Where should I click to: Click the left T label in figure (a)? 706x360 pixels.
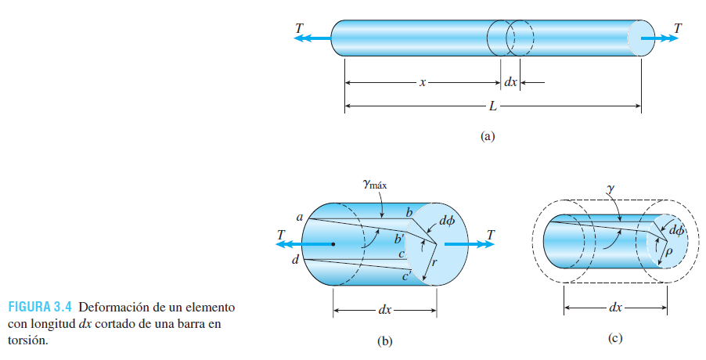pyautogui.click(x=299, y=27)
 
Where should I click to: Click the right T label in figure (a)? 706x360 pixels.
pyautogui.click(x=677, y=27)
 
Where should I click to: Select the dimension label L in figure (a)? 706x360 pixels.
pyautogui.click(x=493, y=105)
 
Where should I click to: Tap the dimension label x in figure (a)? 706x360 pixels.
pyautogui.click(x=422, y=81)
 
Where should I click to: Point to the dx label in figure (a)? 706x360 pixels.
pyautogui.click(x=510, y=81)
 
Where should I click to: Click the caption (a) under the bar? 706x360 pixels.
pyautogui.click(x=488, y=136)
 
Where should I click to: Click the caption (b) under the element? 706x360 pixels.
pyautogui.click(x=384, y=340)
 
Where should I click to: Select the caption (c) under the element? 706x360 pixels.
pyautogui.click(x=615, y=338)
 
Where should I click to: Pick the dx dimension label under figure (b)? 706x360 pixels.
pyautogui.click(x=384, y=310)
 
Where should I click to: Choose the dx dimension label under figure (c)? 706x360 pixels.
pyautogui.click(x=615, y=308)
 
